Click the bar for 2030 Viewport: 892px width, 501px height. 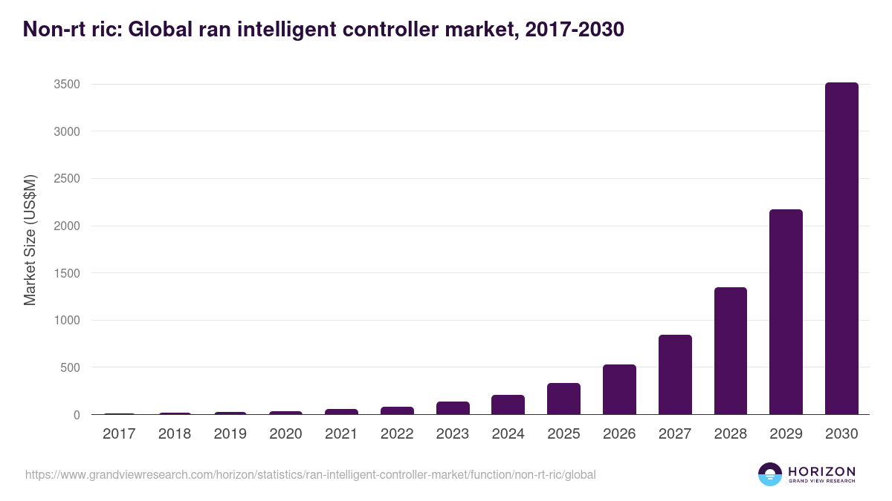tap(841, 249)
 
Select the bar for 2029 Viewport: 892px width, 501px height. tap(786, 312)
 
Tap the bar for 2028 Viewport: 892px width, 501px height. tap(730, 350)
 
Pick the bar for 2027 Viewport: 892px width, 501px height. tap(675, 375)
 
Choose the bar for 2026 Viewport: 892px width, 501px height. tap(619, 390)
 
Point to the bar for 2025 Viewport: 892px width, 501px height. tap(563, 399)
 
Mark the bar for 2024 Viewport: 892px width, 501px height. tap(508, 405)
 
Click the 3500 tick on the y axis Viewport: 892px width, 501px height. tap(66, 85)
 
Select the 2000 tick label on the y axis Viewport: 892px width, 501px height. tap(66, 226)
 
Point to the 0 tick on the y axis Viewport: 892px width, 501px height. tap(76, 415)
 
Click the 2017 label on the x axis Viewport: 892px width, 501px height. tap(119, 434)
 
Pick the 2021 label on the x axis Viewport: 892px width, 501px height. tap(341, 434)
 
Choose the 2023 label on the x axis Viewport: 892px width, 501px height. tap(453, 434)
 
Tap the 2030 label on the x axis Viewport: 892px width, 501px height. tap(841, 434)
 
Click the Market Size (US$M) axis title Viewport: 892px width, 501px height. tap(30, 240)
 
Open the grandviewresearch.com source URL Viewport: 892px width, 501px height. tap(310, 474)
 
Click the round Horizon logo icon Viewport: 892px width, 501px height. tap(770, 474)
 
